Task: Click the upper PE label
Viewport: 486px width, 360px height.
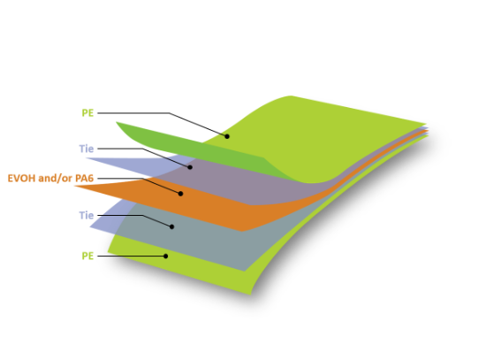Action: [87, 113]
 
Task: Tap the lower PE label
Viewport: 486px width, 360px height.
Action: [87, 256]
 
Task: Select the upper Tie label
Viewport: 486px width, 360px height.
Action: [87, 149]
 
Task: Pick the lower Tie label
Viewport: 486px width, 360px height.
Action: [87, 215]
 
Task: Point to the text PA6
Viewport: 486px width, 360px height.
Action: [84, 178]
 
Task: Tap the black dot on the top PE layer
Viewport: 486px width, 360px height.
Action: [227, 136]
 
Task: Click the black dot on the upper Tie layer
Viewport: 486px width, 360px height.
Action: [190, 167]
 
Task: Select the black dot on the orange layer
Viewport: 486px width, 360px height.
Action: [180, 194]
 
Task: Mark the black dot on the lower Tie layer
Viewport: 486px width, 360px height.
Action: [172, 226]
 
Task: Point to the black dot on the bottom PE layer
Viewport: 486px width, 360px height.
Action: [166, 256]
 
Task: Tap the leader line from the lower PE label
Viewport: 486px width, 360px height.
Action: [132, 256]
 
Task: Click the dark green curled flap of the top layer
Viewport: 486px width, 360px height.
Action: [192, 149]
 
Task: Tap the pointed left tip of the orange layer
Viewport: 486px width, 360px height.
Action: [75, 186]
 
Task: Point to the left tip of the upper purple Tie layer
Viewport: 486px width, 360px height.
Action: [87, 158]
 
